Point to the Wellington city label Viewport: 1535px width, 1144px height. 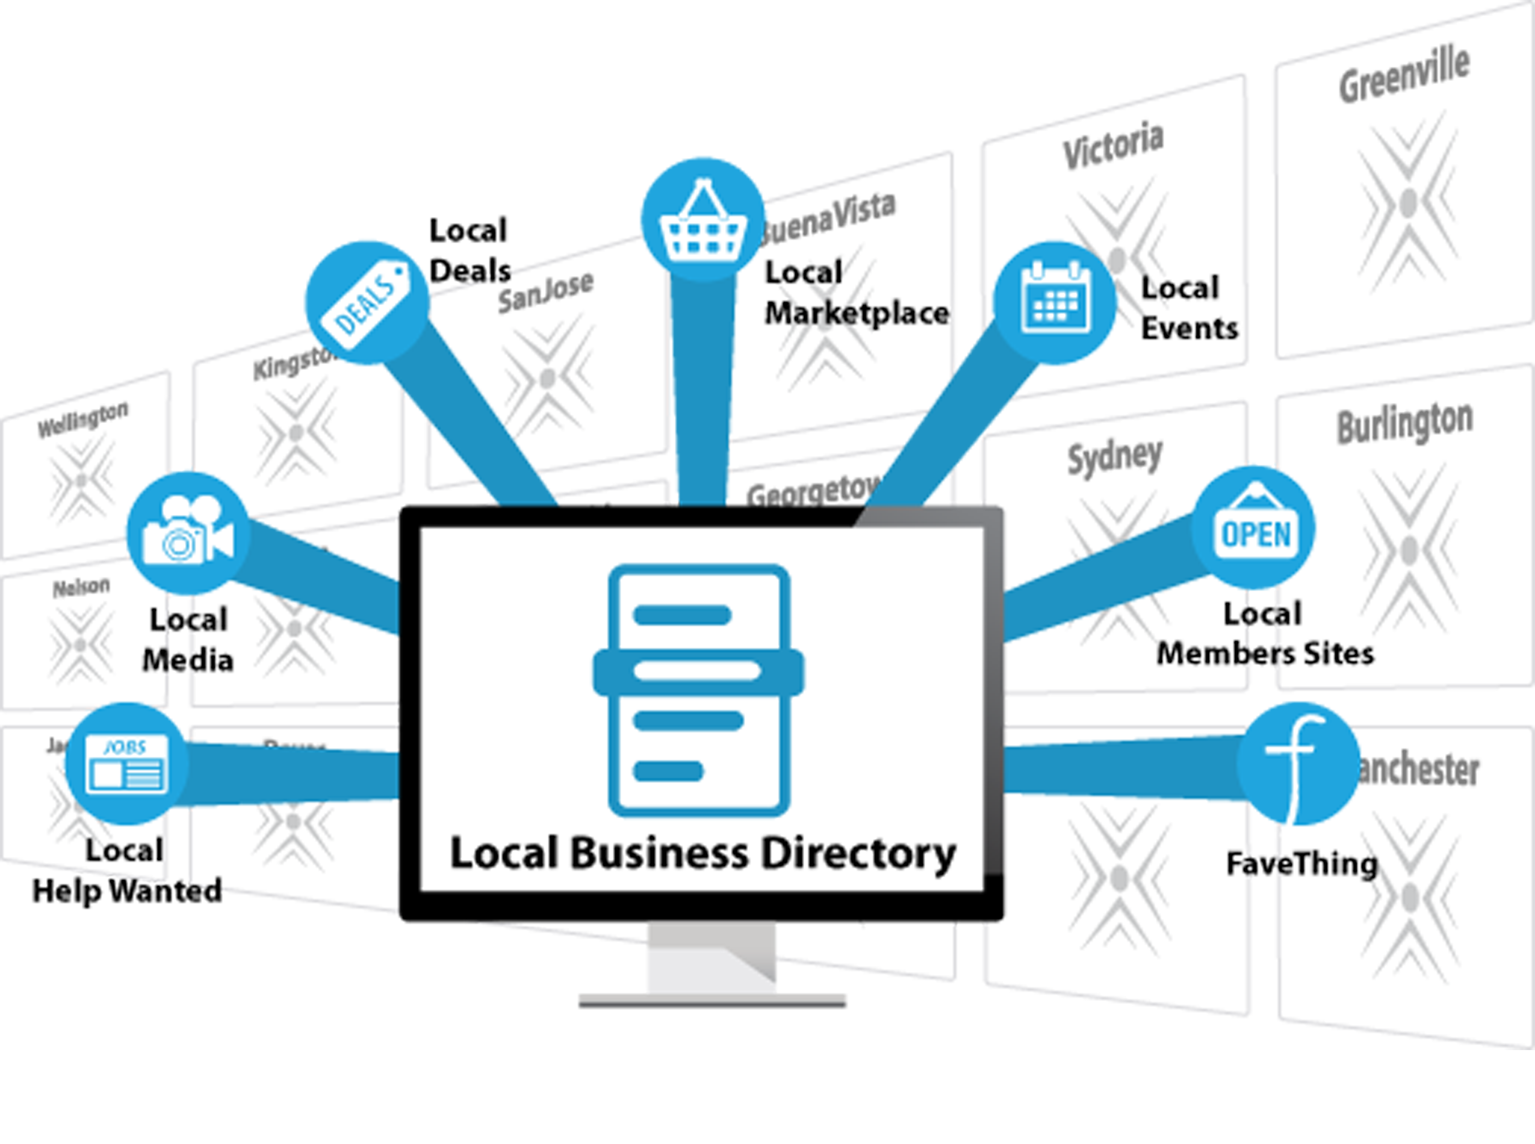[x=82, y=418]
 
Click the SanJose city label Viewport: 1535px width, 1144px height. [x=545, y=293]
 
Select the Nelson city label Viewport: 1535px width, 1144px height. [x=81, y=588]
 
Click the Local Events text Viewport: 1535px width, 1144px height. [x=1187, y=308]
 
